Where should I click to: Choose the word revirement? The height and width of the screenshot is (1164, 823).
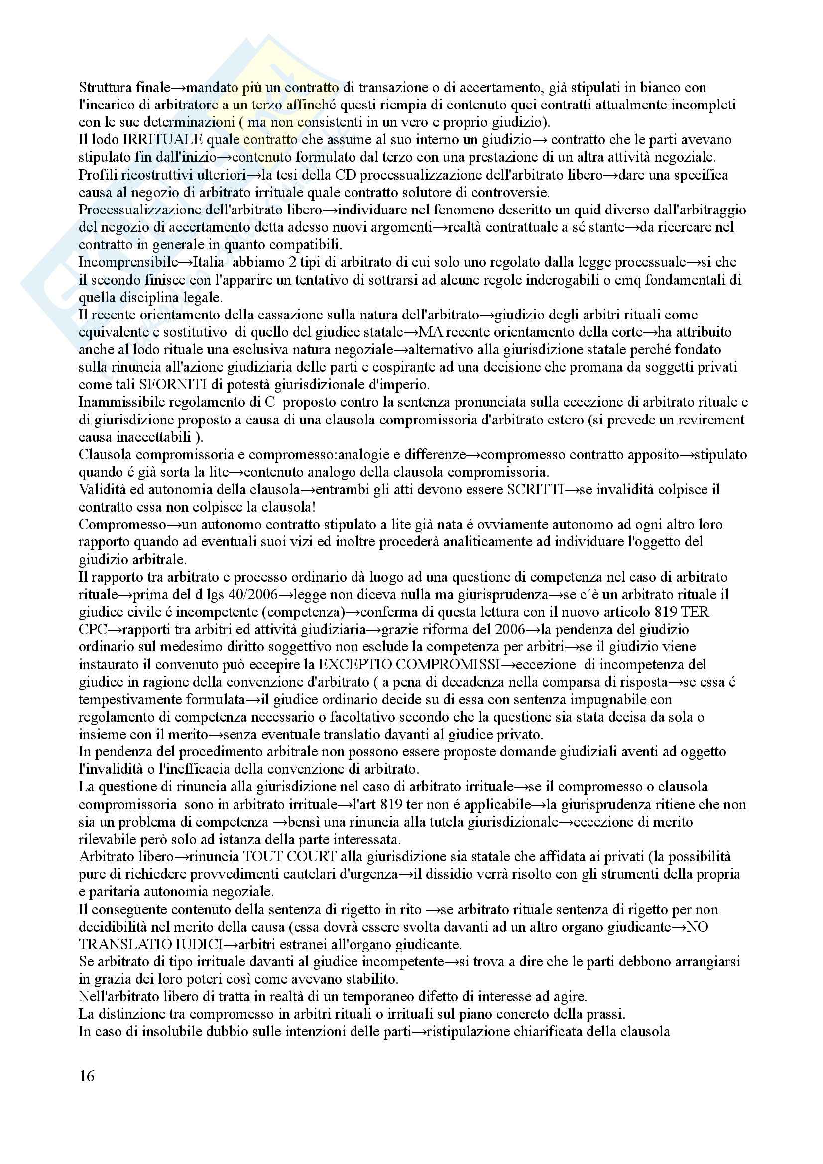[710, 420]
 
